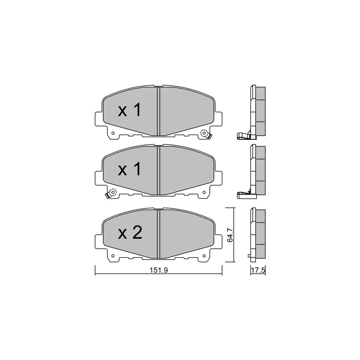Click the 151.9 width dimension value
coord(159,270)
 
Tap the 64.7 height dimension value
coord(230,235)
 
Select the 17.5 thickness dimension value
coord(258,270)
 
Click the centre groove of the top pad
coord(158,111)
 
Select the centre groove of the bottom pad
coord(158,234)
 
